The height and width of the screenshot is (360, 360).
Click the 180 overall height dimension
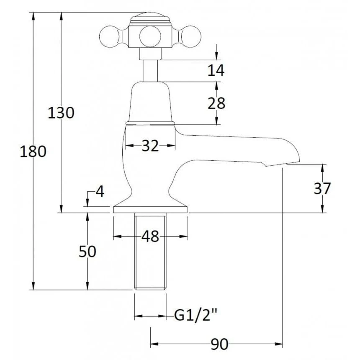(x=33, y=152)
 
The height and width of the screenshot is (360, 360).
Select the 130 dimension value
(x=61, y=113)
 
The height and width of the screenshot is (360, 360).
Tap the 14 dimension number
(x=216, y=70)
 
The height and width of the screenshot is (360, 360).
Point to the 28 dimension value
(x=216, y=103)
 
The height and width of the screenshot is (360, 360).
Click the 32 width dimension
(x=150, y=146)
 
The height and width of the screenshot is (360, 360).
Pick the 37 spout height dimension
(x=322, y=188)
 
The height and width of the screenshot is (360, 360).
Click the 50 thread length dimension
(x=87, y=252)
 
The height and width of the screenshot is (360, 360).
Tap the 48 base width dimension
(x=150, y=236)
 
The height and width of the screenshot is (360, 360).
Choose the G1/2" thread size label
(x=196, y=315)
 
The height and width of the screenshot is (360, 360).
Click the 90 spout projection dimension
(x=219, y=344)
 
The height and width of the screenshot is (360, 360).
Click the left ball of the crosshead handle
(x=110, y=36)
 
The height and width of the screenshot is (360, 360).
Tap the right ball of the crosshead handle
(x=190, y=36)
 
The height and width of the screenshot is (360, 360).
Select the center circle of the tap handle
(x=150, y=36)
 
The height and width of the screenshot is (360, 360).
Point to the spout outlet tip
(x=298, y=162)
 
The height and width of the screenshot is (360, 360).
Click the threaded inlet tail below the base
(x=150, y=252)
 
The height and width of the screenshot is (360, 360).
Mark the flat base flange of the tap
(x=150, y=210)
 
